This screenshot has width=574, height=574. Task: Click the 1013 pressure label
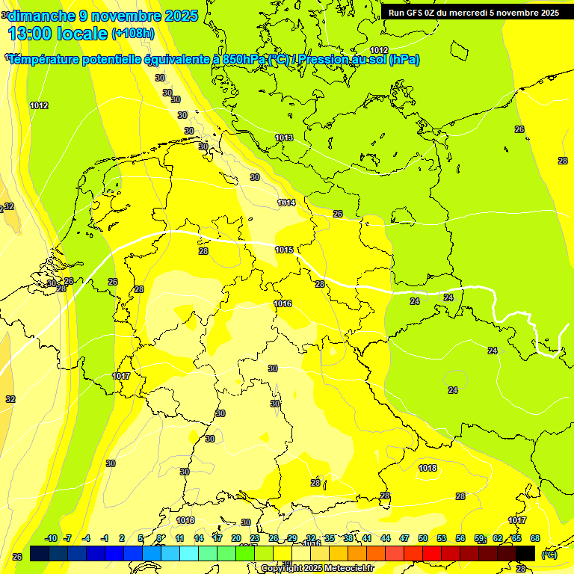click(284, 138)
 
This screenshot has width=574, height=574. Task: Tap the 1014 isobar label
click(286, 203)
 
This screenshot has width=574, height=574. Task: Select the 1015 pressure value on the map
click(284, 250)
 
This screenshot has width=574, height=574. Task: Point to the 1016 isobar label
click(283, 303)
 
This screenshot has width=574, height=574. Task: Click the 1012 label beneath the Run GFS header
click(379, 50)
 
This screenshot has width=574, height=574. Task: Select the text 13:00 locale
click(58, 34)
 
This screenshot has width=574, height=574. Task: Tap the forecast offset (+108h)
click(133, 34)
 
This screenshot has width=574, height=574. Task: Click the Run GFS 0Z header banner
click(473, 12)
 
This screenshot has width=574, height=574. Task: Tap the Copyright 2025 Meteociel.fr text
click(327, 568)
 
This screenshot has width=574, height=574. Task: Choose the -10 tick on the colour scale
click(51, 538)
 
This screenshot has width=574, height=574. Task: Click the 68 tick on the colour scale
click(535, 538)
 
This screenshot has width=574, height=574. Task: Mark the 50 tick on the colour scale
click(423, 538)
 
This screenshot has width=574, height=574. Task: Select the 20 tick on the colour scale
click(236, 538)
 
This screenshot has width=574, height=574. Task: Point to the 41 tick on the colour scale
click(367, 538)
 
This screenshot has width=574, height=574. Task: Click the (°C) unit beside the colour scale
click(549, 554)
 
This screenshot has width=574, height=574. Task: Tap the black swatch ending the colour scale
click(525, 553)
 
